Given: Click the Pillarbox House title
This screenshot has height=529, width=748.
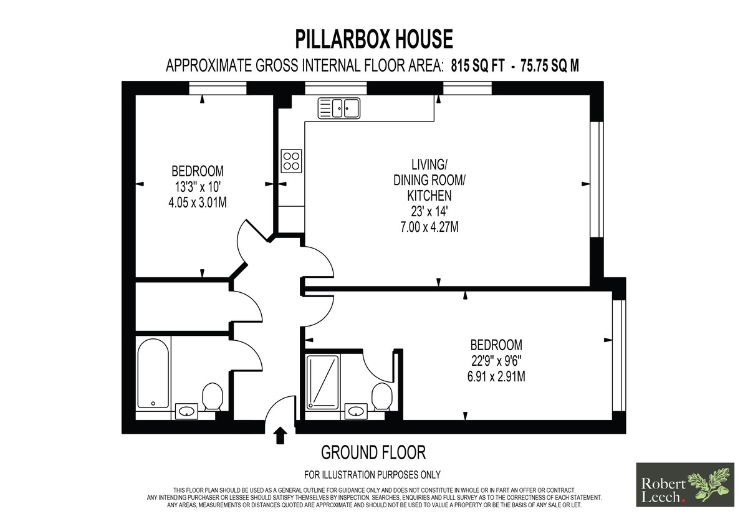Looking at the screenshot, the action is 373,39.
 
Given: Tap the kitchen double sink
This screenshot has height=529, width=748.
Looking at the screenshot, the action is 338,108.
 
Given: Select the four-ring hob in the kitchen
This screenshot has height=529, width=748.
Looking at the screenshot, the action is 291,161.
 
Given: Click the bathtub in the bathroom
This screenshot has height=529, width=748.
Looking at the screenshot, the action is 153,373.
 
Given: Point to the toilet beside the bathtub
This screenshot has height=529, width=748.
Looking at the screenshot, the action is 213,396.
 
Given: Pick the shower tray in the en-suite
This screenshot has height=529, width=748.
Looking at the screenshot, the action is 322,382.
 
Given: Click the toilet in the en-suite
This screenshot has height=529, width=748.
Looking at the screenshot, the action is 382,396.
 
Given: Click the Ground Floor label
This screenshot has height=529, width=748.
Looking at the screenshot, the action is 373,453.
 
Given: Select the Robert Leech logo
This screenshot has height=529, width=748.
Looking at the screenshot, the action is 685,485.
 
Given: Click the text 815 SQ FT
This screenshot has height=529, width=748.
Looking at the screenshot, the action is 477,66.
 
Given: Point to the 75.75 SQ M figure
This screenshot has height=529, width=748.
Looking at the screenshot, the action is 550,66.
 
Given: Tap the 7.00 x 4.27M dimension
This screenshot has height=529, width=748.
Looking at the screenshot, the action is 429,227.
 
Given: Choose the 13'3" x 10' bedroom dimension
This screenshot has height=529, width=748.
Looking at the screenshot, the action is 198,187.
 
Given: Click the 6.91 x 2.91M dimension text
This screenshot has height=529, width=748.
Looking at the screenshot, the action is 496,376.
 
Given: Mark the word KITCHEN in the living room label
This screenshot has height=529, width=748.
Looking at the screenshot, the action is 429,196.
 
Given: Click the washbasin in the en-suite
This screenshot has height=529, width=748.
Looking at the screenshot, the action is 356,411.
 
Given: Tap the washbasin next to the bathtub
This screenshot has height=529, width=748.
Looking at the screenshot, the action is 186,411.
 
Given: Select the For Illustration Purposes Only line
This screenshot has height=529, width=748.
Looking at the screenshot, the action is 372,474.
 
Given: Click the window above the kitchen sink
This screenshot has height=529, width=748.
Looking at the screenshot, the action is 335,88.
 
